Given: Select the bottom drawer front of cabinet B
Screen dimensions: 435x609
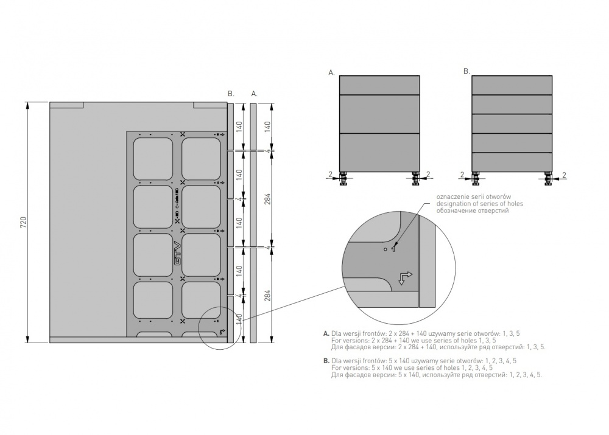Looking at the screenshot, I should (512, 161).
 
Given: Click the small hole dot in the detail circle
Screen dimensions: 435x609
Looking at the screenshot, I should (385, 249).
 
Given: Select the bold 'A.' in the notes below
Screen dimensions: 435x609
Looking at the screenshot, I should (326, 334).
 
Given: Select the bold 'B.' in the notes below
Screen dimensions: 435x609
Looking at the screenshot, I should (326, 361).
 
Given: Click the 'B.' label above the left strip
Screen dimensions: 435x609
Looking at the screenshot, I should (231, 94).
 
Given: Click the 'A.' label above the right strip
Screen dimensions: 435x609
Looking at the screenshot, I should (254, 94).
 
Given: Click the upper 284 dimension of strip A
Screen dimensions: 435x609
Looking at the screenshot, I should (267, 199).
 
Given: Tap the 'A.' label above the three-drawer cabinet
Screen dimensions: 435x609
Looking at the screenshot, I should (331, 72).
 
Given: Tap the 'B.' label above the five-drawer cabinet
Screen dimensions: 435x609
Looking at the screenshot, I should (466, 71).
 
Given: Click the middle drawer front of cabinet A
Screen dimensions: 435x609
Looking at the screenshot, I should (379, 113).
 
